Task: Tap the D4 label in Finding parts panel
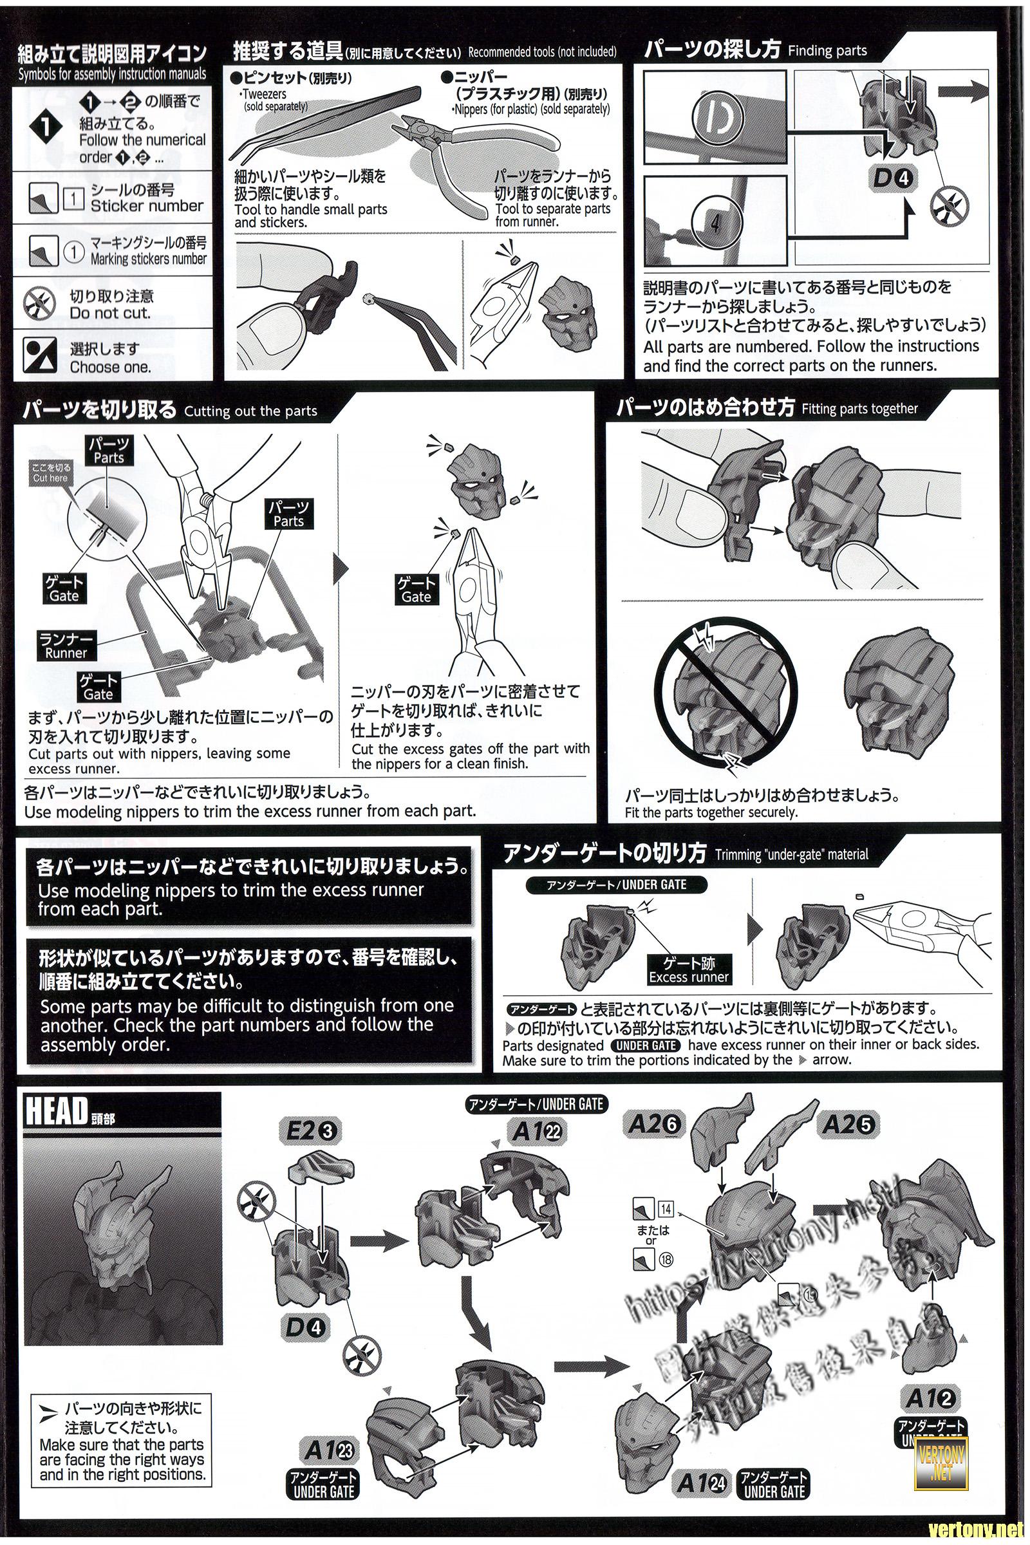point(892,178)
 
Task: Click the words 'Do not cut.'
point(109,314)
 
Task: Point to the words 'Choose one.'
point(109,366)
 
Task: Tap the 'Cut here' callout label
point(50,473)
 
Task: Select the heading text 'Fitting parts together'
point(859,409)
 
